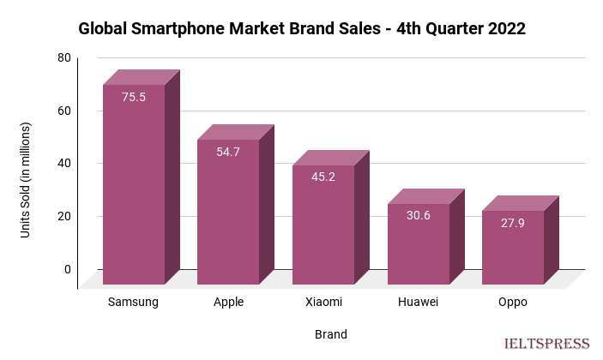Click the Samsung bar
134,184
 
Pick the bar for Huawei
418,243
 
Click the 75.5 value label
134,97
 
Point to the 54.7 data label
228,152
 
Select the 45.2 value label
323,177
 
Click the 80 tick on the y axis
64,57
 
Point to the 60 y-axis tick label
64,111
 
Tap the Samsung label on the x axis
134,303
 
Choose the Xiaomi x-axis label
323,303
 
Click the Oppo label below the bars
512,303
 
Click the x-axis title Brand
330,333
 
